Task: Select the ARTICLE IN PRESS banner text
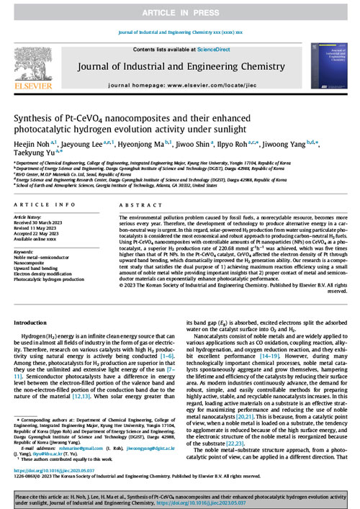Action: coord(179,13)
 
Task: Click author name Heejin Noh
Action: coord(32,142)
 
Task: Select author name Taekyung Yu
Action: coord(34,153)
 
